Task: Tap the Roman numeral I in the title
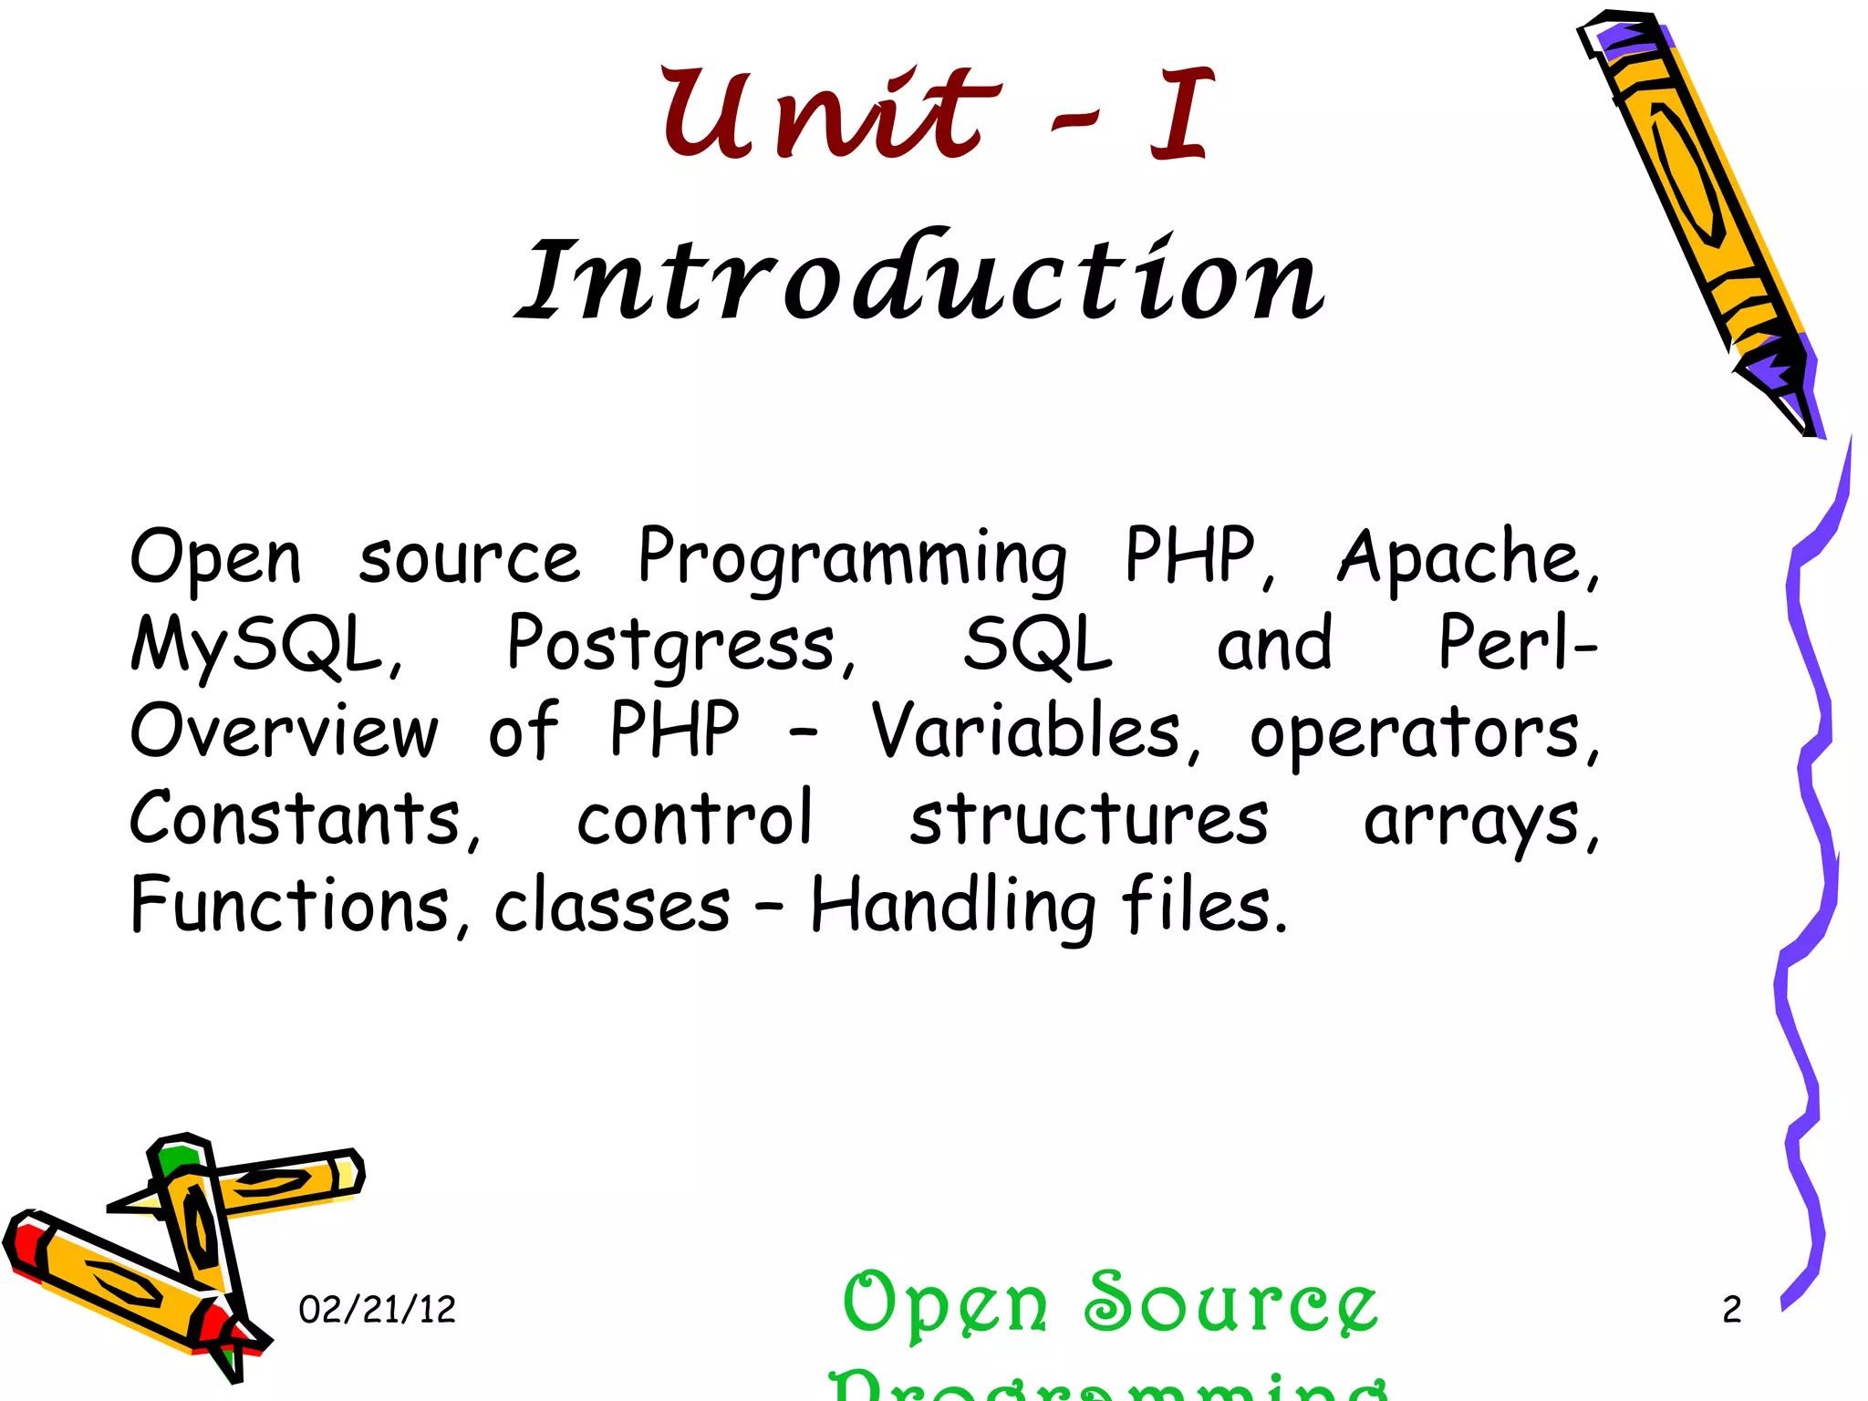pos(1181,114)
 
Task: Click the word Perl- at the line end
pos(1516,643)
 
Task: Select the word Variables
pos(1035,732)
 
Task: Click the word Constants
pos(303,819)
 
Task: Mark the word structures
pos(1088,819)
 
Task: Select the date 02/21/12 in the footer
pos(377,1310)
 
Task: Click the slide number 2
pos(1731,1310)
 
